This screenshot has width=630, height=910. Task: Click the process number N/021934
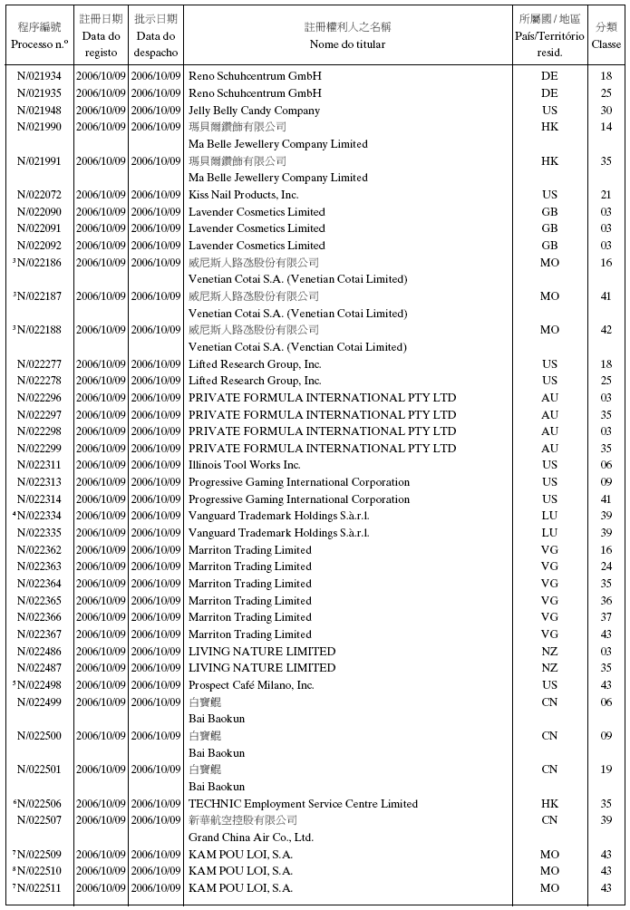40,76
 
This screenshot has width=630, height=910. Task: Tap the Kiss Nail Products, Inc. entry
243,195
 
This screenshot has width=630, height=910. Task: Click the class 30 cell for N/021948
606,111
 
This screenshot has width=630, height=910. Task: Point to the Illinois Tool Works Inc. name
244,465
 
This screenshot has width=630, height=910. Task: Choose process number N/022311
40,465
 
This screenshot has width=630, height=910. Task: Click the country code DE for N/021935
549,93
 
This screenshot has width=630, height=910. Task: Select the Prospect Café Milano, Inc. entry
251,685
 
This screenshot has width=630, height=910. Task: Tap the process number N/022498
40,685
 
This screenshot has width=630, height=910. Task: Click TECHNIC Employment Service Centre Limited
303,804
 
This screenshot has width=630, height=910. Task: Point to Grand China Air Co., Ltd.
251,837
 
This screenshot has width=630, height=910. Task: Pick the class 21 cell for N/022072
606,195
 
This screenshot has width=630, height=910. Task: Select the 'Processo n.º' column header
40,44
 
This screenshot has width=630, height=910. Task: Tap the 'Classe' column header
606,44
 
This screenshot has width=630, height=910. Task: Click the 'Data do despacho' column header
156,44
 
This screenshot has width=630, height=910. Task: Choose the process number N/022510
40,871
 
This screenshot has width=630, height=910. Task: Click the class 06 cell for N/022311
606,465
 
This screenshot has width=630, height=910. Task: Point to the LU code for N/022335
549,533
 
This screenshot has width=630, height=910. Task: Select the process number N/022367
40,634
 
